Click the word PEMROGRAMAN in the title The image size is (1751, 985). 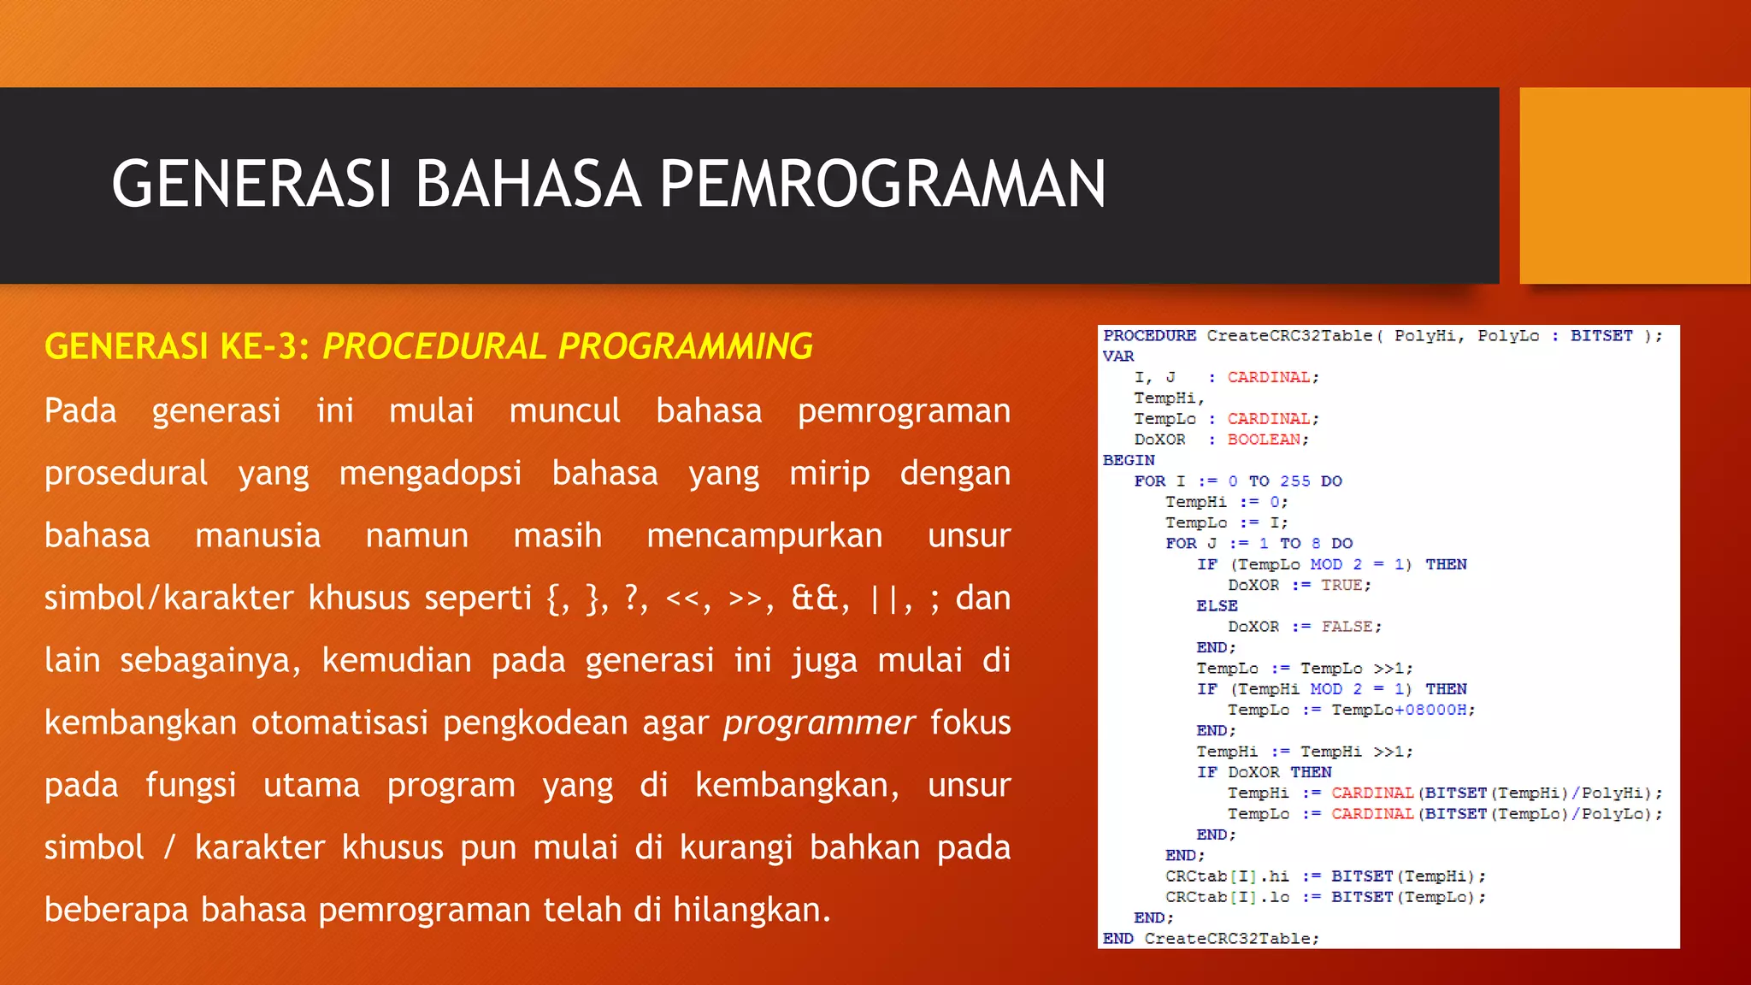coord(882,185)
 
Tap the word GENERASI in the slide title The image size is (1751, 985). coord(251,185)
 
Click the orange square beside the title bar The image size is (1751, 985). coord(1634,186)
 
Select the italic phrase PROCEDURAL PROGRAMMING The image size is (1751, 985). coord(568,346)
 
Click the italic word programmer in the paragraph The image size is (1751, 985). coord(819,723)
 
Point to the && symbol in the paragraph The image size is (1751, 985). coord(814,598)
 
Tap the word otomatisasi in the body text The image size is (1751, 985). coord(339,723)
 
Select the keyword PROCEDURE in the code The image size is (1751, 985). coord(1149,336)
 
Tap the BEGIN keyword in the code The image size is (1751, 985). coord(1128,460)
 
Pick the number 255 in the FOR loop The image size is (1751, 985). coord(1294,481)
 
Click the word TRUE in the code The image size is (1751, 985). coord(1341,585)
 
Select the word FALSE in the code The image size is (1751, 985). coord(1346,627)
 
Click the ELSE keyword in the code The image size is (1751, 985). coord(1216,605)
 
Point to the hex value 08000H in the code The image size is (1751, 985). coord(1436,710)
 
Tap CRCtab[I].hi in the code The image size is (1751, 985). coord(1226,876)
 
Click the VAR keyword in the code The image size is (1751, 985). coord(1117,357)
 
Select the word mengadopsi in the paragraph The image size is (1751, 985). coord(430,473)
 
